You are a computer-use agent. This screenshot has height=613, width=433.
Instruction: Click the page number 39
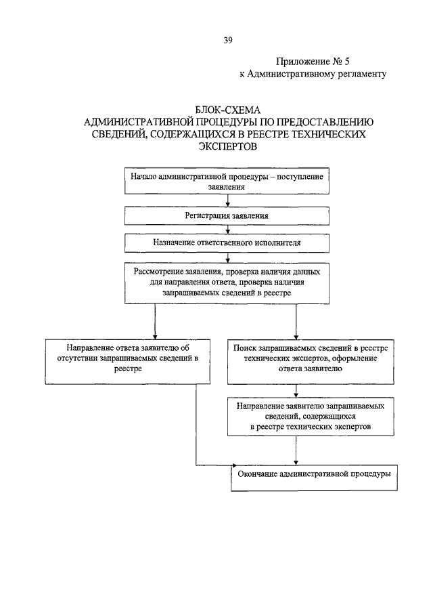click(x=228, y=40)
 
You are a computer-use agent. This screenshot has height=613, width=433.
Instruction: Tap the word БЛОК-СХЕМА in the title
click(x=227, y=110)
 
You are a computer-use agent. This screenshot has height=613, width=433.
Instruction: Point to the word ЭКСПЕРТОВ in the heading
click(x=227, y=146)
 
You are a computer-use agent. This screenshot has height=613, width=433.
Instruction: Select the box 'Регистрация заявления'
click(x=227, y=216)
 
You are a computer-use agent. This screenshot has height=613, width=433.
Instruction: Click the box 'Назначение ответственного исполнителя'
click(x=227, y=242)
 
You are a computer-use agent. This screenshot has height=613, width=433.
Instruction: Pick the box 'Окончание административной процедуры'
click(x=314, y=478)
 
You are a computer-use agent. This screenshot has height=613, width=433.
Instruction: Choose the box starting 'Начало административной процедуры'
click(x=227, y=181)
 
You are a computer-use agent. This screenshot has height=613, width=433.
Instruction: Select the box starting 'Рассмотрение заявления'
click(x=227, y=282)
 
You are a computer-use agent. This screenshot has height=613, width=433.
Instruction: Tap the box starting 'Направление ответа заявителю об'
click(x=128, y=362)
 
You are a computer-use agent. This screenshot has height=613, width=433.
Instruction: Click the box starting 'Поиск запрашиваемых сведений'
click(x=311, y=362)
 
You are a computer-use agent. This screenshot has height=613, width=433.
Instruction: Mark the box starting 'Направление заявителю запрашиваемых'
click(x=311, y=417)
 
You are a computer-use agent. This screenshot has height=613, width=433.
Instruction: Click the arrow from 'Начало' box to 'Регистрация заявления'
click(x=227, y=200)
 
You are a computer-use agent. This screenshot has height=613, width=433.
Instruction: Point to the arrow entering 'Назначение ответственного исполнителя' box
click(x=227, y=230)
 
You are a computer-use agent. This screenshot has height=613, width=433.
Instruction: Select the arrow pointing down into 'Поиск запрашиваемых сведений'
click(x=296, y=321)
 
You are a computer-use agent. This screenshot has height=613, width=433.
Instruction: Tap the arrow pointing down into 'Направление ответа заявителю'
click(x=155, y=321)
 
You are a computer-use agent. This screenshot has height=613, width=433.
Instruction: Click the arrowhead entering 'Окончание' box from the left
click(x=234, y=465)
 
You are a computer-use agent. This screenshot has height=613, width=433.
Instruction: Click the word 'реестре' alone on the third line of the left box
click(x=128, y=368)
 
